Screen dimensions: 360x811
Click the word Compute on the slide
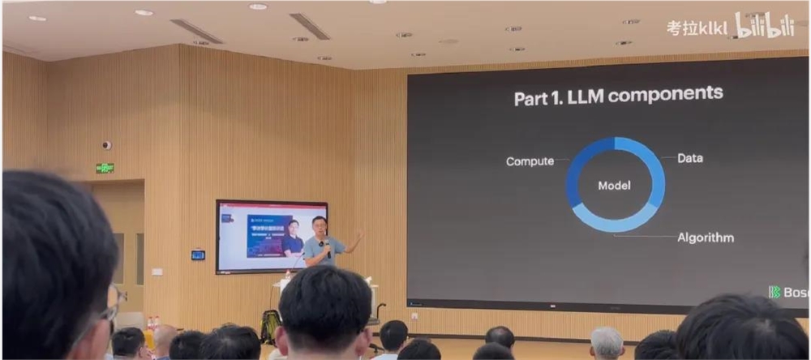point(530,161)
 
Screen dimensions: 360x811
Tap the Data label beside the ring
point(689,158)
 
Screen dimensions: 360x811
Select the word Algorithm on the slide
point(706,238)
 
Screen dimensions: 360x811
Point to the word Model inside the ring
point(614,186)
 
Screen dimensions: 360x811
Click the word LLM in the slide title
point(583,97)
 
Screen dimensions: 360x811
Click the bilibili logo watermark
point(764,25)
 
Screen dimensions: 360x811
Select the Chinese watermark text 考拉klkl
point(697,28)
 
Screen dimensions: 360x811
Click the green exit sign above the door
point(105,168)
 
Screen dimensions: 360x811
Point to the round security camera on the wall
point(106,145)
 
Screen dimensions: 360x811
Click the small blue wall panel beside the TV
point(198,255)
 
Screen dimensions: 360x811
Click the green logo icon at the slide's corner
point(775,292)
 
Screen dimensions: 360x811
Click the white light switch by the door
point(157,272)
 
